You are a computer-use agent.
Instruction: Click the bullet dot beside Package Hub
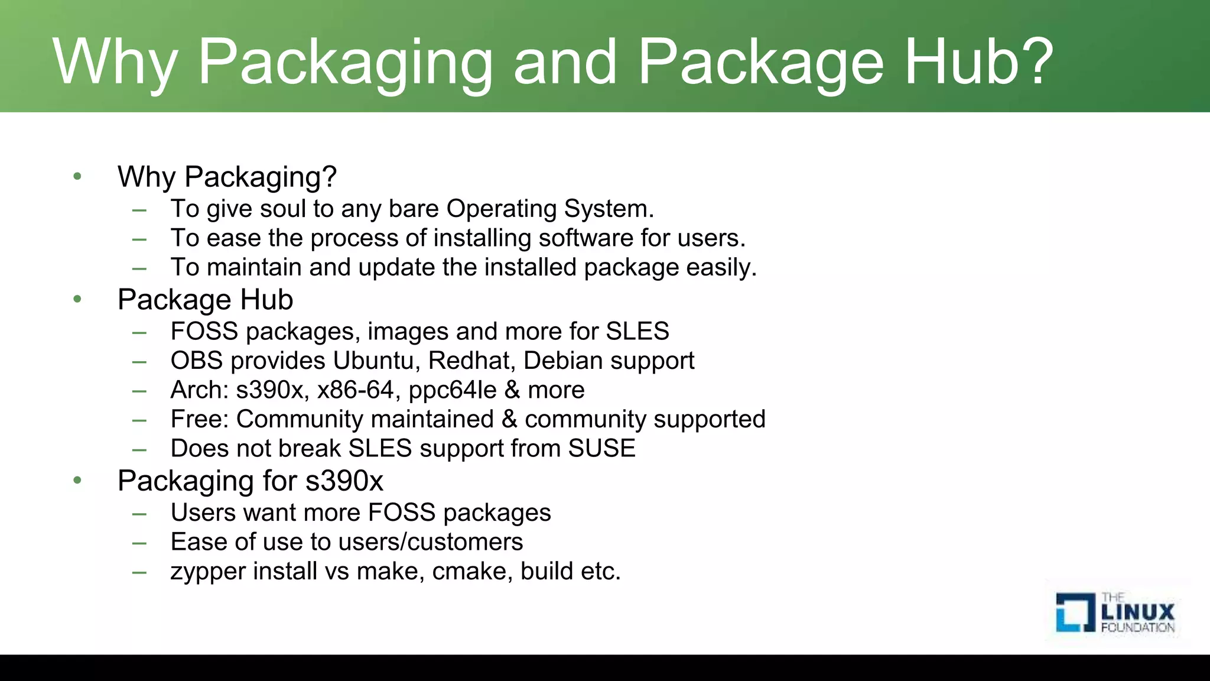(77, 300)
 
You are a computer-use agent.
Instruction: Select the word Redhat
(472, 361)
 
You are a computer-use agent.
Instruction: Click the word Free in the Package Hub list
(199, 419)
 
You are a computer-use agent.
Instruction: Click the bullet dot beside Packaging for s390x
(77, 481)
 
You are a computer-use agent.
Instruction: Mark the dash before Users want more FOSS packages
(139, 514)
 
